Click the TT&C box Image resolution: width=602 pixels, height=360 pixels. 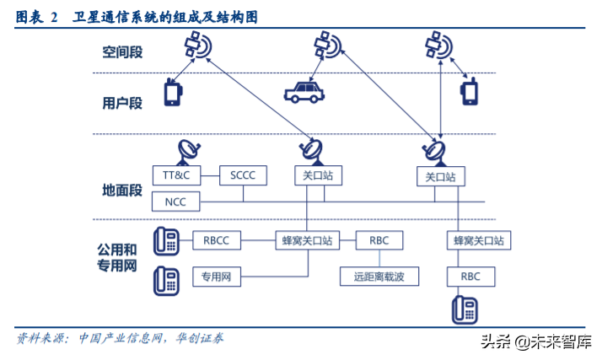(176, 176)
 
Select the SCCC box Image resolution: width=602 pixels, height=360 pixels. (243, 176)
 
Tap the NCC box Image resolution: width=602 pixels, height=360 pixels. (176, 201)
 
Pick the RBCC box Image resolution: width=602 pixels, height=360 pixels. (217, 240)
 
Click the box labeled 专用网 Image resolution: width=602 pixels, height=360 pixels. (217, 276)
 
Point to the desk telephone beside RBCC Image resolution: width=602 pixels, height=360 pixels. (166, 241)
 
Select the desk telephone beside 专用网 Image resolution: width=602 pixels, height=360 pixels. (166, 280)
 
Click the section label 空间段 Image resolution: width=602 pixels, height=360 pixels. (122, 52)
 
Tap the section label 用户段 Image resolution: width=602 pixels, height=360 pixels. (122, 103)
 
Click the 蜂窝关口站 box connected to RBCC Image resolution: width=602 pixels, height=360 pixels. (305, 240)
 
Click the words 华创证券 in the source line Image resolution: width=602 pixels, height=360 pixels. (200, 338)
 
